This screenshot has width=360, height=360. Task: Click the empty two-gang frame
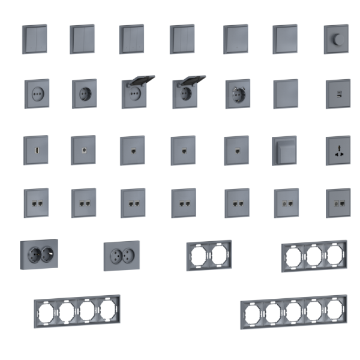(209, 254)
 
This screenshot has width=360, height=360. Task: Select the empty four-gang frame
(76, 311)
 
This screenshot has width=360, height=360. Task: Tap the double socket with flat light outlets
(121, 256)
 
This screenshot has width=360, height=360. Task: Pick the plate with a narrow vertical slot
(35, 147)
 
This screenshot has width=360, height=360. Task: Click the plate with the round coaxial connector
(83, 146)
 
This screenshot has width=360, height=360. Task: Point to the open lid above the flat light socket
(140, 80)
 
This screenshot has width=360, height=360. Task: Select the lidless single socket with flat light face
(36, 93)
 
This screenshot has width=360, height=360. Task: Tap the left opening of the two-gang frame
(199, 256)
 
